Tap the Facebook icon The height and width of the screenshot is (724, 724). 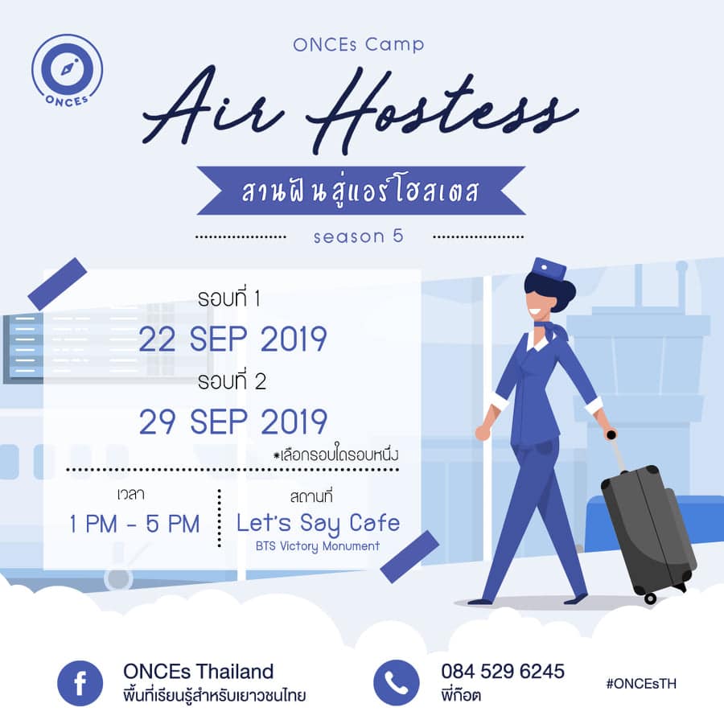pyautogui.click(x=80, y=683)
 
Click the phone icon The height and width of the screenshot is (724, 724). pyautogui.click(x=396, y=683)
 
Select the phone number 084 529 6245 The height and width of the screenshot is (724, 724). pyautogui.click(x=503, y=672)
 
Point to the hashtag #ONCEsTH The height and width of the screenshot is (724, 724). pyautogui.click(x=641, y=683)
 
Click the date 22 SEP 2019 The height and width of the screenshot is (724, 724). pyautogui.click(x=233, y=339)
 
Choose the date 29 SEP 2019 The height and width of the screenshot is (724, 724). pyautogui.click(x=233, y=422)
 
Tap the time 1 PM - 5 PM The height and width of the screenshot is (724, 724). pyautogui.click(x=134, y=524)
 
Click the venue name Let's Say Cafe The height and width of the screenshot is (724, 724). pyautogui.click(x=318, y=523)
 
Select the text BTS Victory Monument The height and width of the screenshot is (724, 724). pyautogui.click(x=318, y=546)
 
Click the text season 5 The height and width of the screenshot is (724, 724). pyautogui.click(x=358, y=237)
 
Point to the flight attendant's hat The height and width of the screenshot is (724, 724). pyautogui.click(x=549, y=269)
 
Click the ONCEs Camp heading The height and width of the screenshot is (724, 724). pyautogui.click(x=358, y=45)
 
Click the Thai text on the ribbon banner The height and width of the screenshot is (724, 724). pyautogui.click(x=360, y=191)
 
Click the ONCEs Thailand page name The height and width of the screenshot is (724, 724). pyautogui.click(x=199, y=672)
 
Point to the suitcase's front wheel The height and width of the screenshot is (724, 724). pyautogui.click(x=650, y=599)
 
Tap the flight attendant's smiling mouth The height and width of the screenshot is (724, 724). pyautogui.click(x=537, y=311)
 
